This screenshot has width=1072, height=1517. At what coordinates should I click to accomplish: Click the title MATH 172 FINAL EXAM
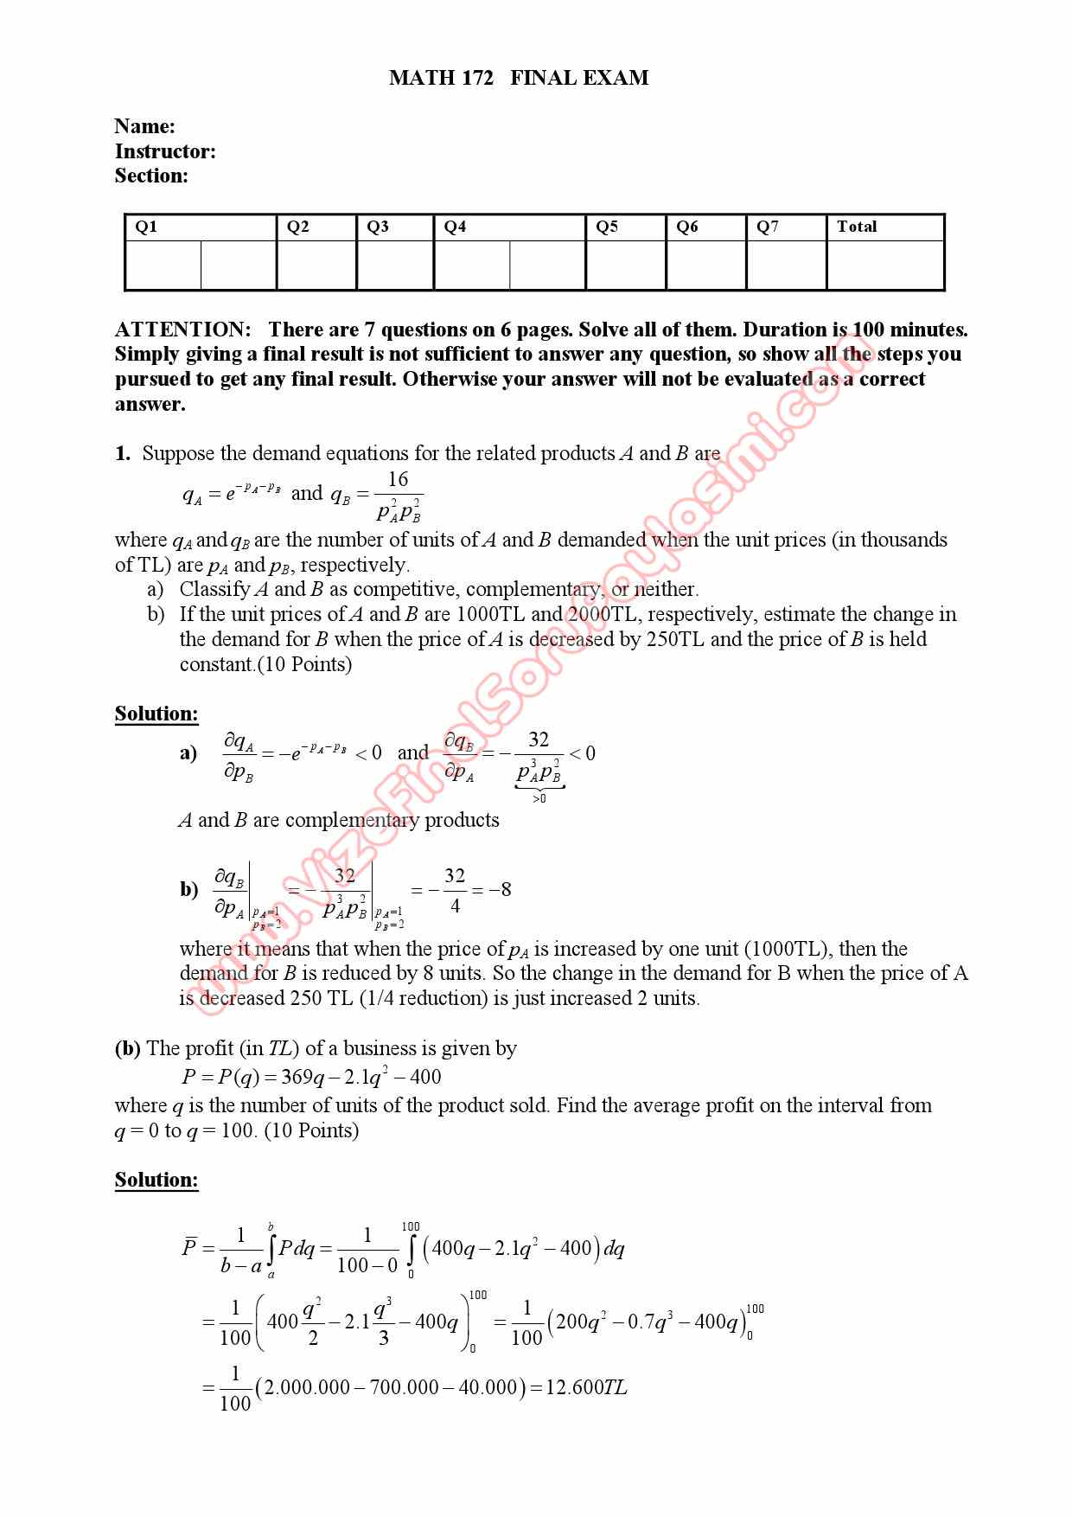[x=519, y=78]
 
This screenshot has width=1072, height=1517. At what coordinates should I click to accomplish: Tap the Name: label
[x=144, y=126]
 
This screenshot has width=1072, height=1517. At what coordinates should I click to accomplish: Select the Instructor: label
[x=165, y=151]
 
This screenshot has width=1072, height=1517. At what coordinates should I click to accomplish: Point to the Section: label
[x=151, y=176]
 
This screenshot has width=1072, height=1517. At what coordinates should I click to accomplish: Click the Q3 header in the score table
[x=378, y=227]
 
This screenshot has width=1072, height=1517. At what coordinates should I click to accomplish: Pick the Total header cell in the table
[x=857, y=227]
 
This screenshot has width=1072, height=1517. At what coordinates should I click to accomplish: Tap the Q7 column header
[x=768, y=227]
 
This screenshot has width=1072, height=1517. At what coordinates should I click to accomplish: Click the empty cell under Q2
[x=316, y=265]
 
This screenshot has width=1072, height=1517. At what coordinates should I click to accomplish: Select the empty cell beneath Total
[x=884, y=265]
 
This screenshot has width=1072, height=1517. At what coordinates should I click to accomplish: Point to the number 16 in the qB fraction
[x=398, y=479]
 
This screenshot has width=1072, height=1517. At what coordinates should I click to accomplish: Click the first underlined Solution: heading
[x=156, y=714]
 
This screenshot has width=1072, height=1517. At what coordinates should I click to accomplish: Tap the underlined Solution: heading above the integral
[x=156, y=1180]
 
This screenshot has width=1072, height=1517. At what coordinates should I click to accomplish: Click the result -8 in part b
[x=500, y=889]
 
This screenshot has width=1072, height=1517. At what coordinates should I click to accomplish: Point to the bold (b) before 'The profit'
[x=127, y=1048]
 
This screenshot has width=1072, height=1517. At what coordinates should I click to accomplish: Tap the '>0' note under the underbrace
[x=539, y=798]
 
